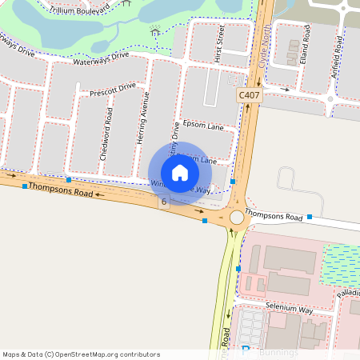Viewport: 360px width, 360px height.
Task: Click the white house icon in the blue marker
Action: click(x=180, y=172)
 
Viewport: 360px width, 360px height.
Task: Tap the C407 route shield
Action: click(x=249, y=95)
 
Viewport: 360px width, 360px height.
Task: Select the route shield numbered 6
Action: click(x=164, y=202)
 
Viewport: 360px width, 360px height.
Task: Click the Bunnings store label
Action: click(x=280, y=352)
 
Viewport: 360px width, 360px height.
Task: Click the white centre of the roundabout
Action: click(x=237, y=217)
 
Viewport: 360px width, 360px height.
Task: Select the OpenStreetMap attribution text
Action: click(x=80, y=354)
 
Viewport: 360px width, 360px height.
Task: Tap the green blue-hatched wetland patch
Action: click(x=341, y=264)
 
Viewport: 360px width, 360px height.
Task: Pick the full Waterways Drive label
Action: click(x=100, y=58)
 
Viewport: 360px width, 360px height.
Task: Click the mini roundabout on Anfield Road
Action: click(x=331, y=99)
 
